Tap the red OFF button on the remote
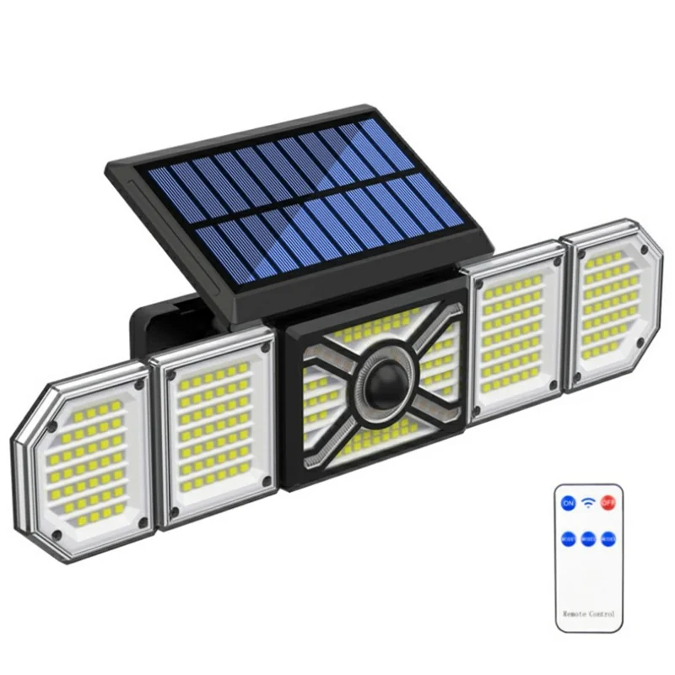pyautogui.click(x=608, y=504)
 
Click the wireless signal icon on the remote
pyautogui.click(x=588, y=504)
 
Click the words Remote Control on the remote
pyautogui.click(x=588, y=613)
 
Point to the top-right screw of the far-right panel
pyautogui.click(x=644, y=251)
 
